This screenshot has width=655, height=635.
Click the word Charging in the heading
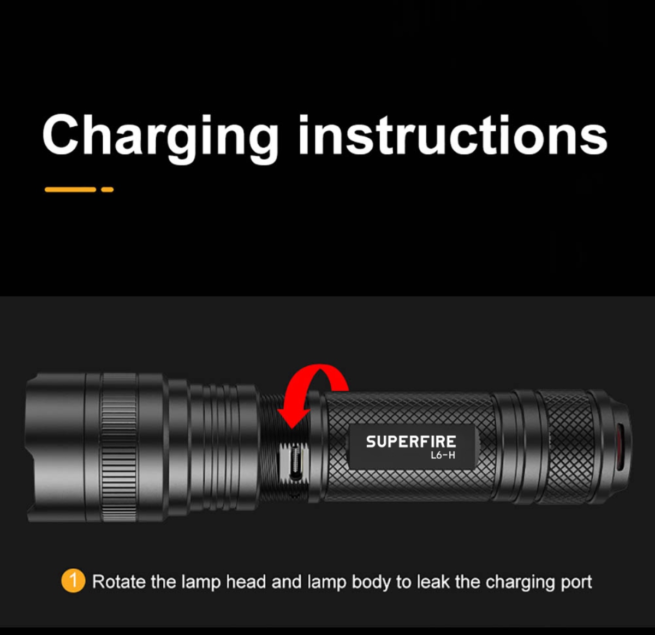tap(160, 139)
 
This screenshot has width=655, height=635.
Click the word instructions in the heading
tap(453, 135)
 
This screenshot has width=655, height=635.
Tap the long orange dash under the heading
tap(70, 190)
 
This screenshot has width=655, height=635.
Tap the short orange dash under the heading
tap(108, 190)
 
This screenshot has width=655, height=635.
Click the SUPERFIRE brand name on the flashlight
tap(411, 442)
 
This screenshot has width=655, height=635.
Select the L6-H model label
tap(443, 455)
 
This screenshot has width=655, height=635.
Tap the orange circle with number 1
tap(73, 581)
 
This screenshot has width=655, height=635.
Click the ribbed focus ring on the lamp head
tap(119, 448)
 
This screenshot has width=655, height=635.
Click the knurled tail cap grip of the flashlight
tap(567, 446)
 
